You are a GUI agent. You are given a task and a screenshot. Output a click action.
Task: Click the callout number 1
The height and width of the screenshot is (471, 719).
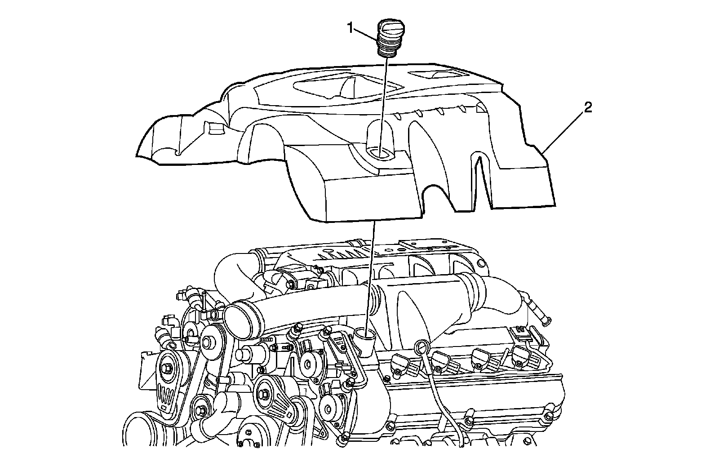tap(351, 28)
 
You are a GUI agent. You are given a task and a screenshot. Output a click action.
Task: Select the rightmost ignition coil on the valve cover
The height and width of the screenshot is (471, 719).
tap(526, 355)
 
